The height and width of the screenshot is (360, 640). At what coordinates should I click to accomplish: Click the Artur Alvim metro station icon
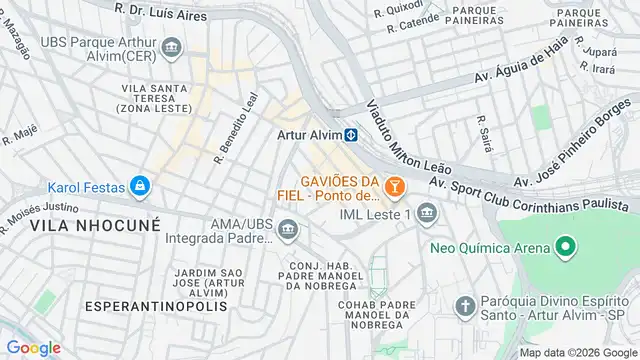pos(351,136)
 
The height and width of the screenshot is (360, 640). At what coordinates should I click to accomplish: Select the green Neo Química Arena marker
pos(566,247)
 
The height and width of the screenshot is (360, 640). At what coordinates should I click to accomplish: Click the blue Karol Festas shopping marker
pos(141,186)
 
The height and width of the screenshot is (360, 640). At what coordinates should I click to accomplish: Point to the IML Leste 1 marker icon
pos(428,214)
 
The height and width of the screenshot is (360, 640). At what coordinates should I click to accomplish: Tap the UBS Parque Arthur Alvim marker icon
pos(171,48)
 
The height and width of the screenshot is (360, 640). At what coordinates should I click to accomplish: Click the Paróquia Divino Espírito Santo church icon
pos(464,305)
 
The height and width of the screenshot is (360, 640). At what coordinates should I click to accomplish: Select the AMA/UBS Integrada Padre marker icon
pos(287,233)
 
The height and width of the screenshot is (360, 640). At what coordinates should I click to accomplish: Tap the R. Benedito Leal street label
pos(236,127)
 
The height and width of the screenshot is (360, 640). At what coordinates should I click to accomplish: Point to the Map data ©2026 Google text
pos(577,352)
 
